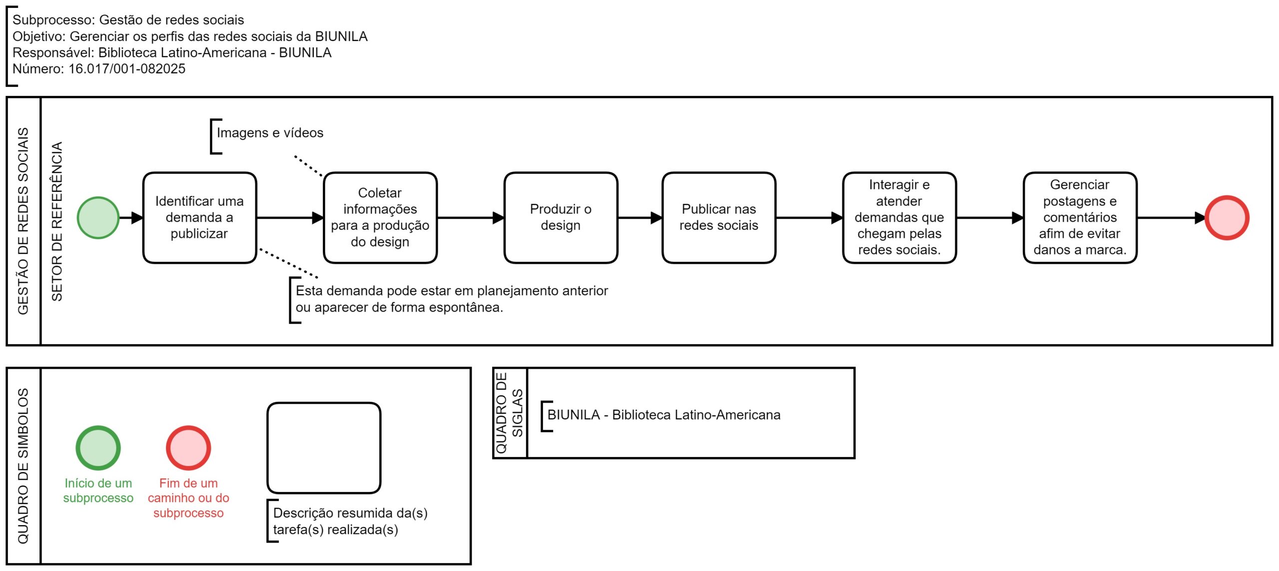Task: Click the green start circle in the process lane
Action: coord(98,218)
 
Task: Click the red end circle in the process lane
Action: coord(1227,218)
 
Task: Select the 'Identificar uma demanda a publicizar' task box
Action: coord(199,218)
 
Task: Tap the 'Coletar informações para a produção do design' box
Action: coord(380,218)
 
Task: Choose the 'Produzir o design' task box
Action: coord(561,218)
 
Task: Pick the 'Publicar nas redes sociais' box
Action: coord(719,218)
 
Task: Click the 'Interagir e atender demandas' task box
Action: coord(899,218)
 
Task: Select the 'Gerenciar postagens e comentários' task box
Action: coord(1080,218)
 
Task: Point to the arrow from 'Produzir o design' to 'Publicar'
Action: coord(640,218)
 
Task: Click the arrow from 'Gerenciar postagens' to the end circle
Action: coord(1172,218)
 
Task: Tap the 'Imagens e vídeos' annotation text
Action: coord(270,133)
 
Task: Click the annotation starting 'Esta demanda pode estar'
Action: coord(452,299)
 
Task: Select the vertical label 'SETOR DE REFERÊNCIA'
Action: coord(57,221)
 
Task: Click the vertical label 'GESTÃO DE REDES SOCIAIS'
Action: coord(23,221)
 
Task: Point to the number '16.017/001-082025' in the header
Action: coord(127,69)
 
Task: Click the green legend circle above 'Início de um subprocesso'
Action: coord(98,448)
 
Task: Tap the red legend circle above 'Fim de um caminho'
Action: coord(188,448)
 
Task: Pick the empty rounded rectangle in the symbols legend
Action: coord(324,448)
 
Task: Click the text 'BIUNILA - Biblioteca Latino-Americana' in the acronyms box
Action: coord(664,415)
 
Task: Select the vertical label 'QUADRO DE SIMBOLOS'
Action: coord(23,466)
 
